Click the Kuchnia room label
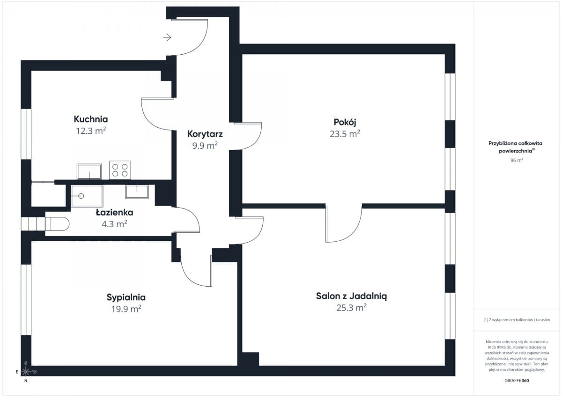coord(91,119)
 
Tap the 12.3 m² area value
coord(91,131)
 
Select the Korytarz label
coord(205,134)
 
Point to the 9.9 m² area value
coord(205,145)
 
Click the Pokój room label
coord(345,123)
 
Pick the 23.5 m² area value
coord(345,134)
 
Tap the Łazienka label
coord(114,212)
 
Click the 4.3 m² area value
coord(114,224)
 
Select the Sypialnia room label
coord(126,297)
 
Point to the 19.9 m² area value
coord(126,309)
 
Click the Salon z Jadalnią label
coord(351,296)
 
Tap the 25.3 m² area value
coord(351,308)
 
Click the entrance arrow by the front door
coord(167,37)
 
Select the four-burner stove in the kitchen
coord(120,170)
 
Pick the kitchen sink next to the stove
coord(89,172)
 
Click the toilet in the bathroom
coord(57,224)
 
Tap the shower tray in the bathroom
coord(87,196)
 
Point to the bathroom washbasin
coord(137,192)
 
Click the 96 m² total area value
coord(517,160)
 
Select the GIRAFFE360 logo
coord(517,381)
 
